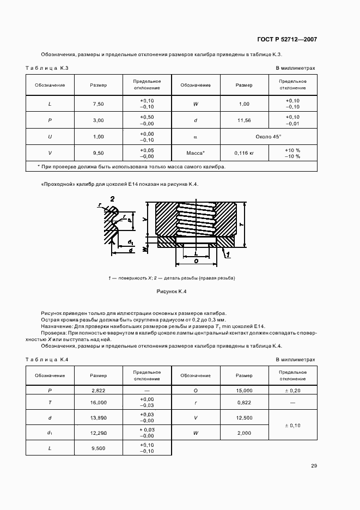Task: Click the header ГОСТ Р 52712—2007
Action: [286, 40]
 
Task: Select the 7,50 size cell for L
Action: [98, 104]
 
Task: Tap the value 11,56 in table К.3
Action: [243, 120]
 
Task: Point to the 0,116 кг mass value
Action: [244, 153]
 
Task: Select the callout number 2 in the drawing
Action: [112, 200]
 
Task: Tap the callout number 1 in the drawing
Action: [227, 254]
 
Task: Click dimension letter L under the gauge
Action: [196, 253]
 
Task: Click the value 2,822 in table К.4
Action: [98, 391]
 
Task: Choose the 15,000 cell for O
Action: [244, 391]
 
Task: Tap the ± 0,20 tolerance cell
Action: [293, 391]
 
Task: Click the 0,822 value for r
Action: [244, 402]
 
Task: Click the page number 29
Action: [314, 465]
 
